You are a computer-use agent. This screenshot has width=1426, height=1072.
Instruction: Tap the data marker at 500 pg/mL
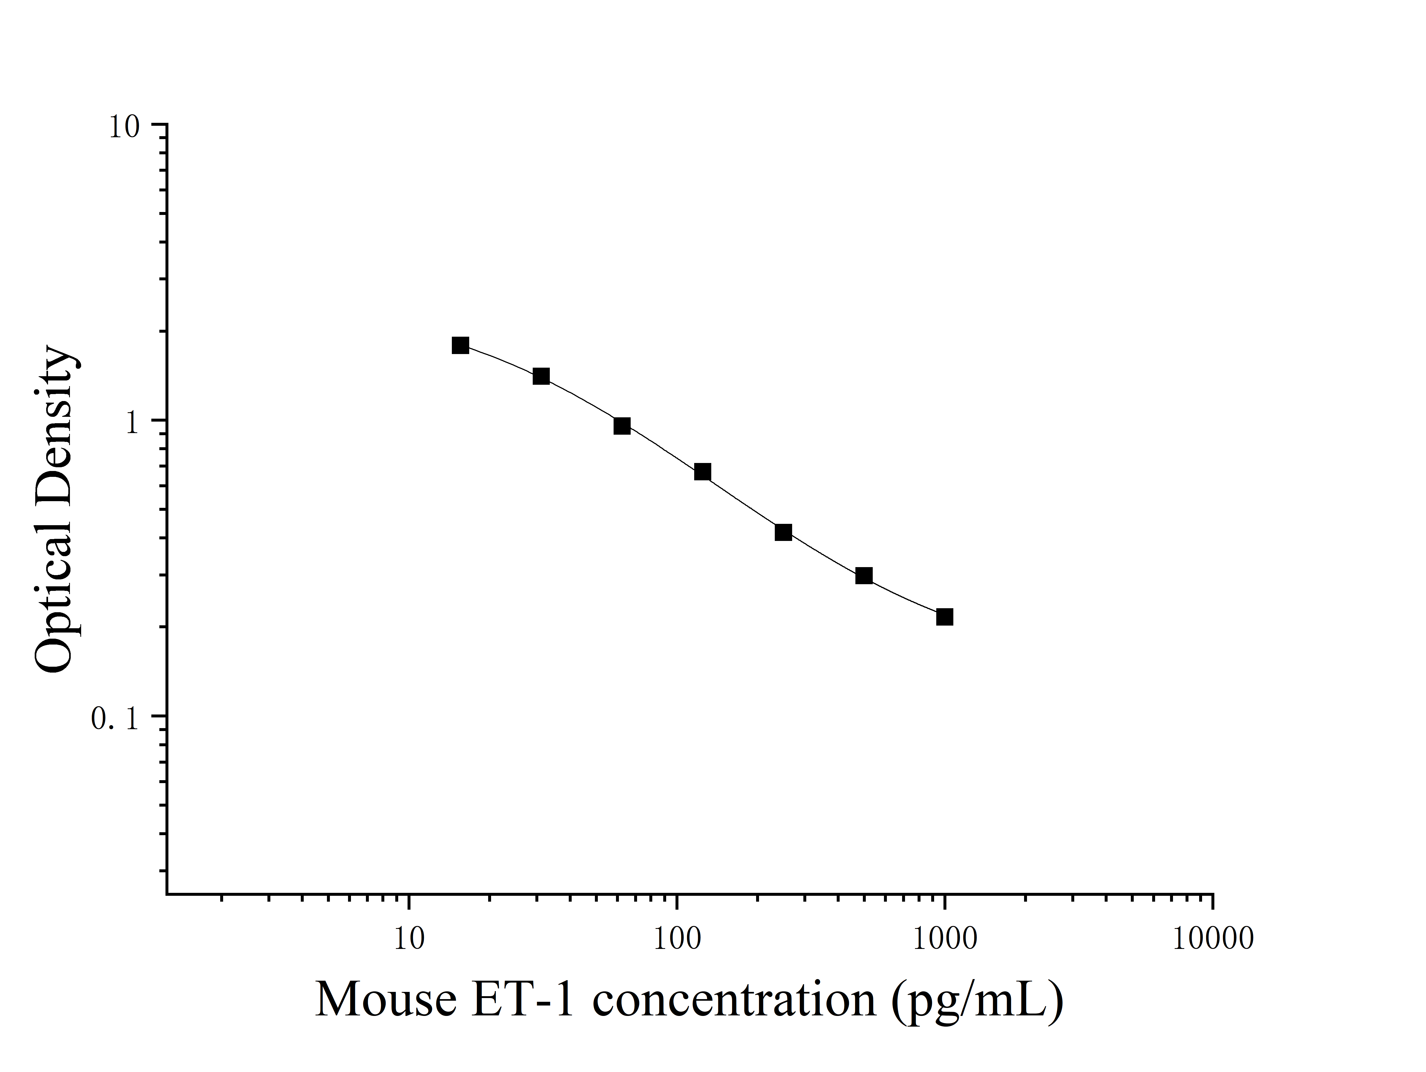point(864,575)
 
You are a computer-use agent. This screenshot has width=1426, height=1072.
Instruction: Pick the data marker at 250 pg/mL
point(783,532)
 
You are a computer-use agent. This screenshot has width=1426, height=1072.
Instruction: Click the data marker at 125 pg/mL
point(703,472)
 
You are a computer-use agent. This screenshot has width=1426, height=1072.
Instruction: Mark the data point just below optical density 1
point(622,426)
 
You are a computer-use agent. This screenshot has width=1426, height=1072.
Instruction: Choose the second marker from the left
point(541,376)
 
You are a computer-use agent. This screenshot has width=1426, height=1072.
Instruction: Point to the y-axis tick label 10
point(124,127)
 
